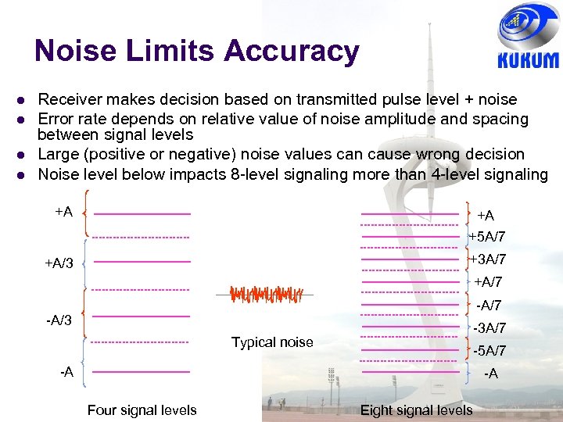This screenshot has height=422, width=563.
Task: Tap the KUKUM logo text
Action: coord(529,60)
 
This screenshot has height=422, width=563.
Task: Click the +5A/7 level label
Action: coord(487,237)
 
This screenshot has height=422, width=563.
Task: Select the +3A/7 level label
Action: coord(487,259)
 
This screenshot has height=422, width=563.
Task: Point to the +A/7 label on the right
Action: coord(488,282)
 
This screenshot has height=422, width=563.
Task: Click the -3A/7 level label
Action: coord(489,328)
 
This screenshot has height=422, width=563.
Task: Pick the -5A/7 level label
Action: coord(489,351)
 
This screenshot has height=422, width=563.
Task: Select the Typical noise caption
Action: coord(272,342)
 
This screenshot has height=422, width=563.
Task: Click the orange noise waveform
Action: coord(264,295)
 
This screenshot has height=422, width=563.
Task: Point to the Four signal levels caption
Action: coord(142,410)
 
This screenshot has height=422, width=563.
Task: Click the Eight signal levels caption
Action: coord(416,410)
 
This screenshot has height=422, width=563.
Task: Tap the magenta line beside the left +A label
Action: coord(142,213)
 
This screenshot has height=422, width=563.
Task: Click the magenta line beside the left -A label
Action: coord(142,372)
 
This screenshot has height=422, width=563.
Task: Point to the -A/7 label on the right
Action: coord(489,306)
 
